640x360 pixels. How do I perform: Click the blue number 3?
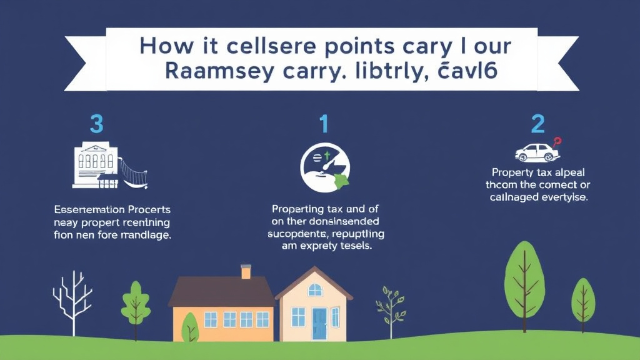click(x=96, y=124)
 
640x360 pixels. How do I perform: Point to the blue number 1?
click(x=323, y=124)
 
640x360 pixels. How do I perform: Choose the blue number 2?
click(x=537, y=124)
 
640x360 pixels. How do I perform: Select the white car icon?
click(x=536, y=152)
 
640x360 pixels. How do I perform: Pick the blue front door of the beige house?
click(x=319, y=323)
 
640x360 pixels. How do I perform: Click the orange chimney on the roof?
click(x=246, y=271)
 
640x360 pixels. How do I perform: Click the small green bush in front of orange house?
click(x=189, y=326)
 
